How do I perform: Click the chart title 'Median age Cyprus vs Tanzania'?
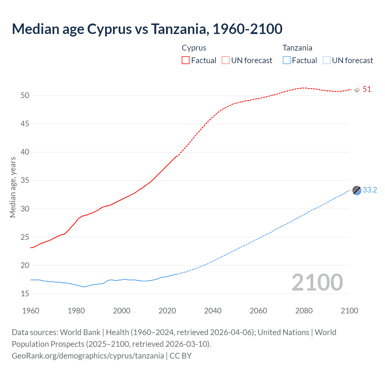pos(147,29)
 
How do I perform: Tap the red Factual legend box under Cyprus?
pos(186,60)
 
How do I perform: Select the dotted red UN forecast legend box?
pos(226,60)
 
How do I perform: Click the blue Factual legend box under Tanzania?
pos(286,60)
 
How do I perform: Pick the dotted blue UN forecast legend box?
pos(326,60)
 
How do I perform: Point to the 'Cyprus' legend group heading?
pos(194,48)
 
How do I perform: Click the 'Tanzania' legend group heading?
pos(297,48)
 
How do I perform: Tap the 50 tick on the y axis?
pos(25,95)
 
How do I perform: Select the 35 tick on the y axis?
pos(25,180)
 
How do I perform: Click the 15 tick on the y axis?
pos(25,294)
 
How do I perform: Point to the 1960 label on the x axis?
pos(31,311)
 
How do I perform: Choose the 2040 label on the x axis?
pos(213,311)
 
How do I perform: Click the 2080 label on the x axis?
pos(304,311)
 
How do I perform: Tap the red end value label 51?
pos(367,89)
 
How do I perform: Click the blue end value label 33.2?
pos(370,190)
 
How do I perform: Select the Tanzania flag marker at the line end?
pos(357,190)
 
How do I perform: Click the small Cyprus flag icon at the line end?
pos(357,89)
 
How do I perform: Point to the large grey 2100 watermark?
pos(317,282)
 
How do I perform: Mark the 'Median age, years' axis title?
pos(13,187)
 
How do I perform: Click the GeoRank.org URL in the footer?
pos(88,356)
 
